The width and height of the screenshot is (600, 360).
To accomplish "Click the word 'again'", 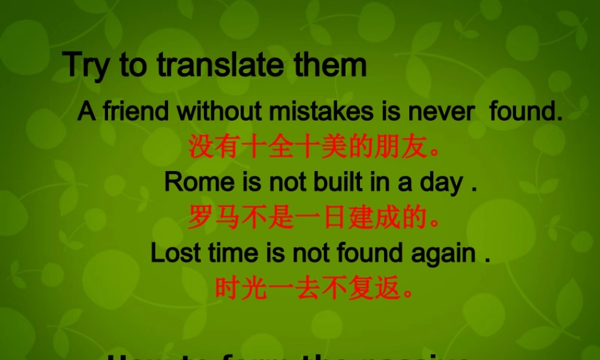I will coord(443,253).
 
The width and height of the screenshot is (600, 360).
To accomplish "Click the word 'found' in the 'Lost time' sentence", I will coord(370,253).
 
